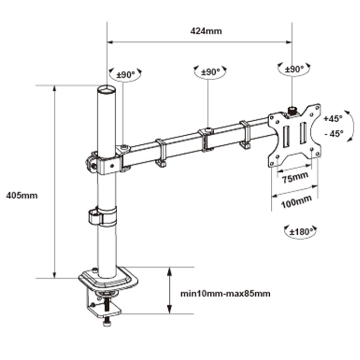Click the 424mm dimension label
click(206, 31)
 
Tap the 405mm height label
click(22, 195)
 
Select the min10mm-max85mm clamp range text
click(225, 294)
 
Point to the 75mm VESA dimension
click(295, 177)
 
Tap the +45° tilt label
click(333, 118)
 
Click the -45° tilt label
click(334, 133)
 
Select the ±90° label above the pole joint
click(126, 75)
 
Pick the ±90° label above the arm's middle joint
click(211, 72)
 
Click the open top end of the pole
click(107, 89)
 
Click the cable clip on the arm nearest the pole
click(161, 153)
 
